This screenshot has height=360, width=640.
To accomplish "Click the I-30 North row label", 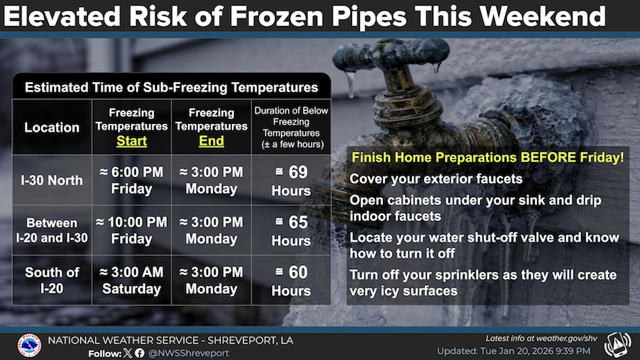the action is pos(52,180).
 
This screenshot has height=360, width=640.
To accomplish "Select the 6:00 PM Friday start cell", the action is pos(132,180).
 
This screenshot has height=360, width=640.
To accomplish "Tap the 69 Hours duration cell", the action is pos(291,181).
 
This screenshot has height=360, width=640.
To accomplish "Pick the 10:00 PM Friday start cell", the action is pos(132,230).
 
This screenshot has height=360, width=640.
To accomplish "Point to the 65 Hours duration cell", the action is pos(291,230).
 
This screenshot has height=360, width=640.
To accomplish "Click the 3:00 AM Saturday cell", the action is pos(132,280).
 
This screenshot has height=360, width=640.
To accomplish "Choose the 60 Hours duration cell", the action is pos(291,281).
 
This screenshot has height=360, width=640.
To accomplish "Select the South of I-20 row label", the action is pos(52,280).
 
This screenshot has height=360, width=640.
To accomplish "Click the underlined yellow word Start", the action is pos(132,141).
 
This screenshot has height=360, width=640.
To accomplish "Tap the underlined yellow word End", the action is pos(212,141).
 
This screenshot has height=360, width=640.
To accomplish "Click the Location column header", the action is pos(52,127).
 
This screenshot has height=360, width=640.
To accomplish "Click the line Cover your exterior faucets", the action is pos(436,179).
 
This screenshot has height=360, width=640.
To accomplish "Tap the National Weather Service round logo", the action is pos(29,346).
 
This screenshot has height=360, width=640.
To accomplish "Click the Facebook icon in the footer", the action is pos(140,353).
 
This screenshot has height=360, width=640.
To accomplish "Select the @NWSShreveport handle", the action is pos(189,353).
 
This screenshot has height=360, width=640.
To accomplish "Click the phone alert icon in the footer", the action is pos(617,344).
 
